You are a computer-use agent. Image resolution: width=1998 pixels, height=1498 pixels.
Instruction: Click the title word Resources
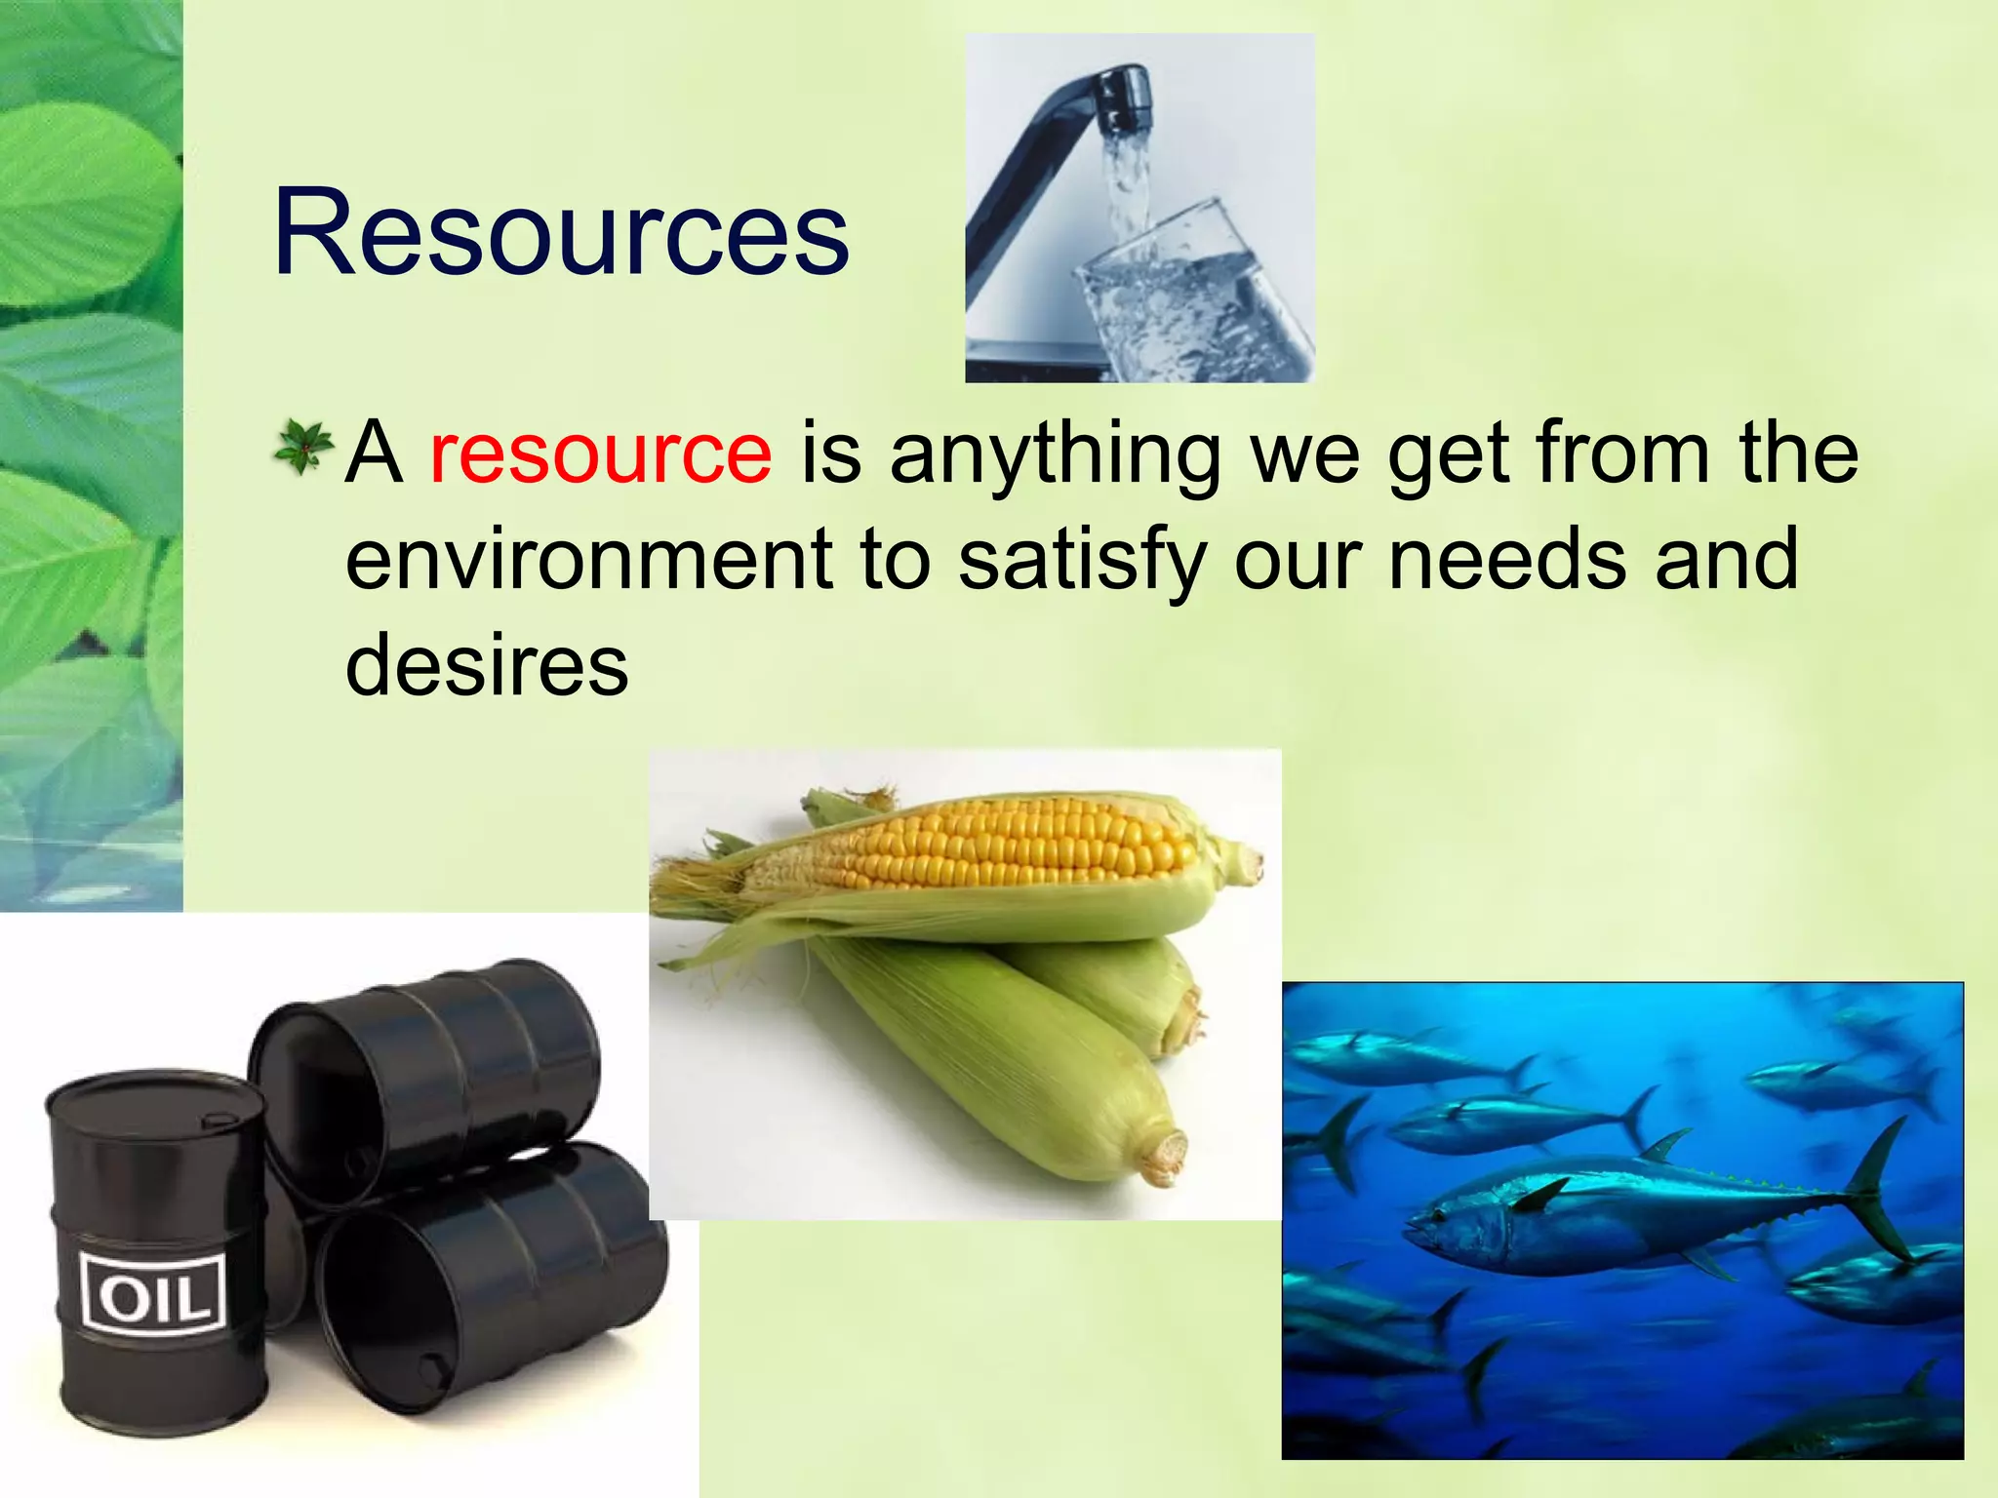(x=561, y=234)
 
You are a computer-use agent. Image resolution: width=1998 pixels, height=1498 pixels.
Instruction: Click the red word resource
(x=600, y=453)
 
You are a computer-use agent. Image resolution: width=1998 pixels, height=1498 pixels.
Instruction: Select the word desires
(x=487, y=665)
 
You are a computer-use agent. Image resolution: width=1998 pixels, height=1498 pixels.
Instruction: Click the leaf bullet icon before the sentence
(x=302, y=448)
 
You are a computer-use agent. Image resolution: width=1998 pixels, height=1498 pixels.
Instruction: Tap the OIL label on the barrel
(x=154, y=1291)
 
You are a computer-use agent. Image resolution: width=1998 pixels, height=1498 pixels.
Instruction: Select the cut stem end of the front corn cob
(x=1166, y=1156)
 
